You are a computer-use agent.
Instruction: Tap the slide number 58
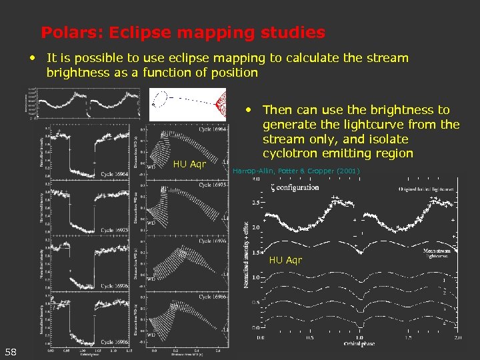coord(11,351)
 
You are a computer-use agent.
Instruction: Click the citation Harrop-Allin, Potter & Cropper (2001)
coord(296,171)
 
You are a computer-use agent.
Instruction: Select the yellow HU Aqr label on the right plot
coord(285,259)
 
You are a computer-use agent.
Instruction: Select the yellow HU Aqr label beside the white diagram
coord(189,163)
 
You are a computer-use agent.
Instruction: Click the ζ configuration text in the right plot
coord(295,187)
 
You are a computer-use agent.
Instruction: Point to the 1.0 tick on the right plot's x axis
coord(358,338)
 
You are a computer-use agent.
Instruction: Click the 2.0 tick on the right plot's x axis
coord(457,338)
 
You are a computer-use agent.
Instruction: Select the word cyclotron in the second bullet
coord(291,154)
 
